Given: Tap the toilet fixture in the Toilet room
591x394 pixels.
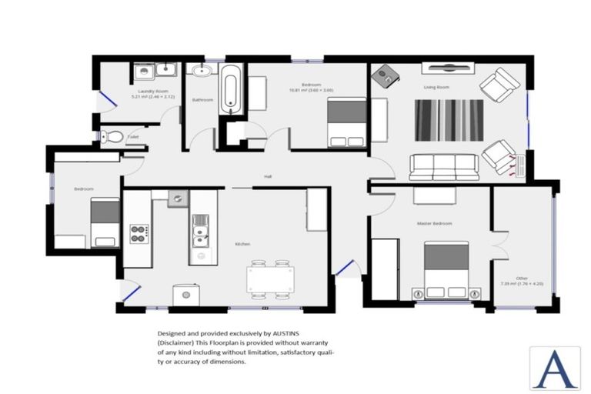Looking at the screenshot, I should point(112,137).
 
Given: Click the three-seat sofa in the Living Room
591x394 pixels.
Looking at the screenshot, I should point(443,165).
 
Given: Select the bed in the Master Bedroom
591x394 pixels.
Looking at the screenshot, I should point(446,269).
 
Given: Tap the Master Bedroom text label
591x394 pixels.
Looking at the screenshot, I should point(434,223).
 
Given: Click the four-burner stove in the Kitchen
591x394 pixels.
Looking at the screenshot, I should point(139,233).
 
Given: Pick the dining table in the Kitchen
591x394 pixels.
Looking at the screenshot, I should point(269,279).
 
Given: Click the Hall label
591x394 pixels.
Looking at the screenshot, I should point(268,177).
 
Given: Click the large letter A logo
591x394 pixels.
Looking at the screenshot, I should point(554,368).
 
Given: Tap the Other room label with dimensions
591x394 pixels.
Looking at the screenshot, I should point(522,281).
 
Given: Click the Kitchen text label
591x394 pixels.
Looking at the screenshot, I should point(242,244).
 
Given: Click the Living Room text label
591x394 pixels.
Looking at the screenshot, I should point(436,87).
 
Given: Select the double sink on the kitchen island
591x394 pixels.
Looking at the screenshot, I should point(201,229).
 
